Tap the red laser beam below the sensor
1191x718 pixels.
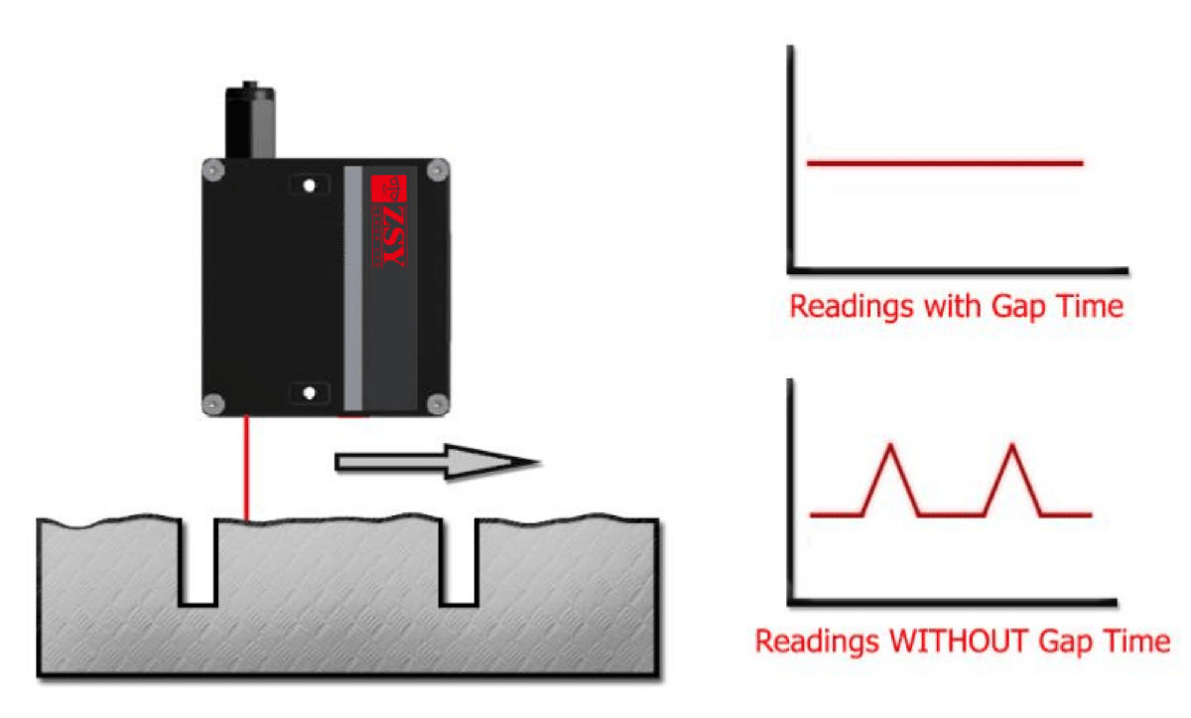[246, 467]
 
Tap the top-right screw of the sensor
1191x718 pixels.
[434, 171]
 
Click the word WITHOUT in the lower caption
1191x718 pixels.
[960, 641]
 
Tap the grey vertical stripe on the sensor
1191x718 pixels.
[352, 288]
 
